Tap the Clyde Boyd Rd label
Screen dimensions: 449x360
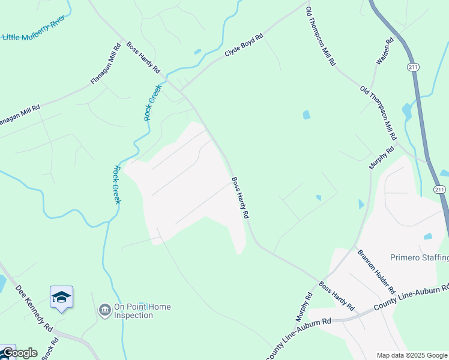244,46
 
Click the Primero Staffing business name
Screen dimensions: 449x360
420,258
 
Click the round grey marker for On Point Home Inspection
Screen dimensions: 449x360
104,310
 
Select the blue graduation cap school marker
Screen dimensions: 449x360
61,298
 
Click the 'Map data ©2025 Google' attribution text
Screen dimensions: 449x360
412,355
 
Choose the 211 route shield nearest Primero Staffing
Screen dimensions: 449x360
440,190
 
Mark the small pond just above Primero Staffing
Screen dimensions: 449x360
427,236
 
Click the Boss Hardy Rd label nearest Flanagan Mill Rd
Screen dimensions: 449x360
143,58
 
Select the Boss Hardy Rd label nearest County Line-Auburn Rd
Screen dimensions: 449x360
336,296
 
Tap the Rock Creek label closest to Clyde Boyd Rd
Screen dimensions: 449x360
153,103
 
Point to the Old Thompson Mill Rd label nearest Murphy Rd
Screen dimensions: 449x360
378,114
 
